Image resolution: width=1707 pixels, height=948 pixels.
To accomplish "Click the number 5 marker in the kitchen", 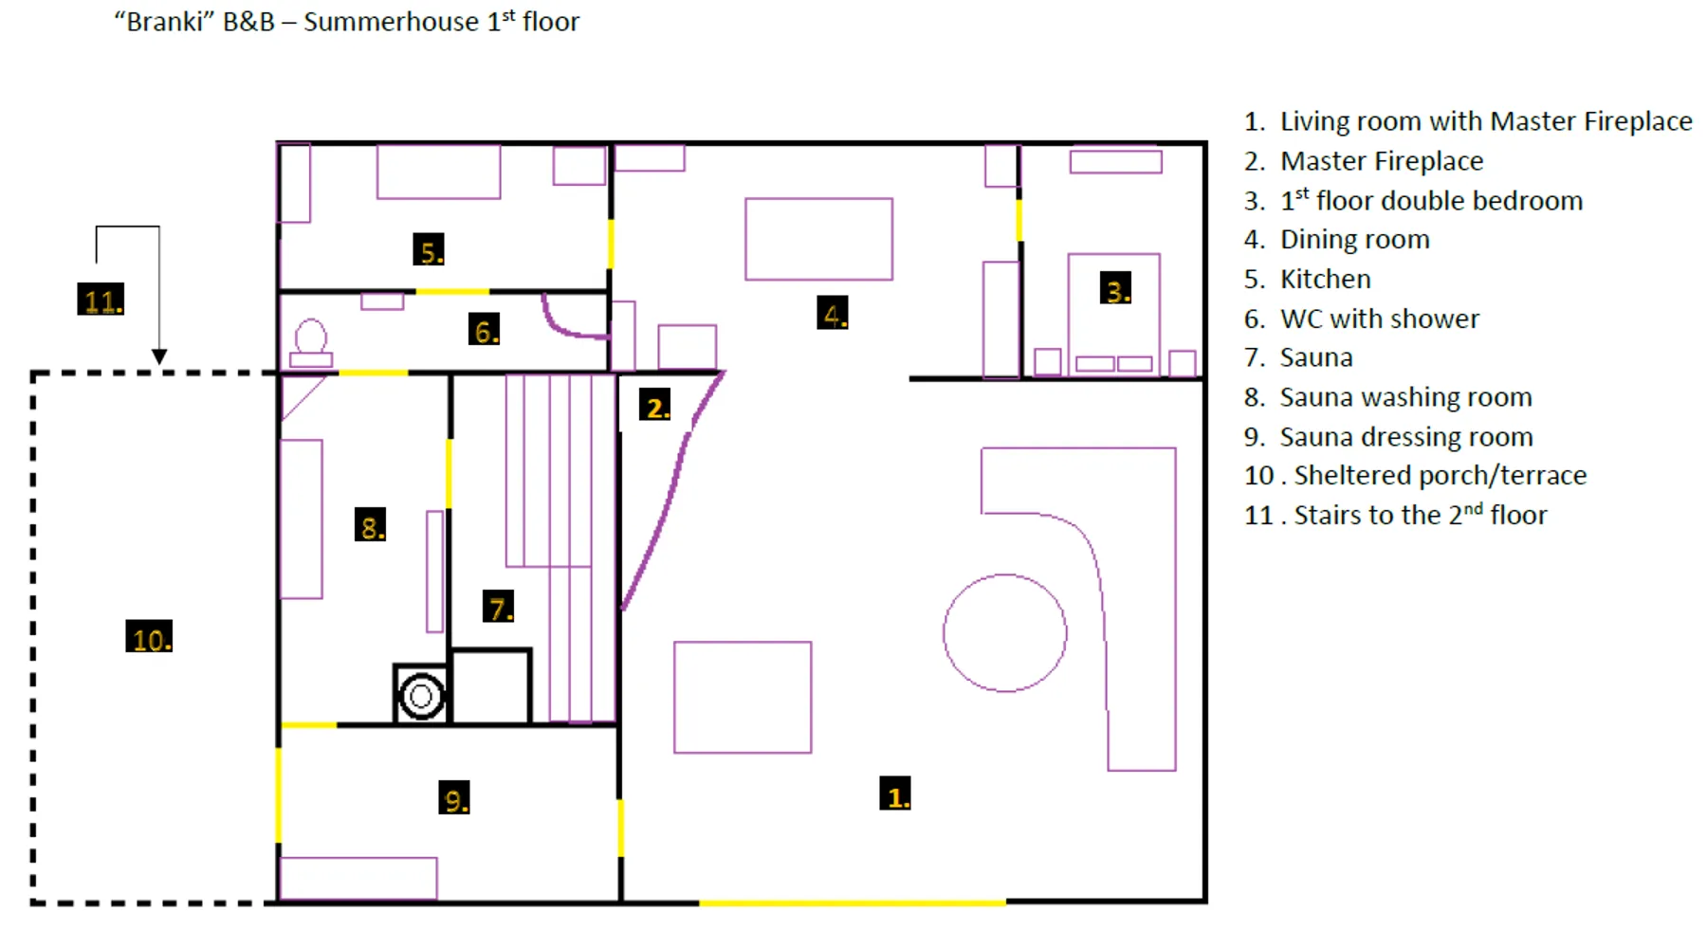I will coord(429,250).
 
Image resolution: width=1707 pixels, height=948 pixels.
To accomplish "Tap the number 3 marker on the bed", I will coord(1115,289).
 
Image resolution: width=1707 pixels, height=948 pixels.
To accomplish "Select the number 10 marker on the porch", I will coord(149,637).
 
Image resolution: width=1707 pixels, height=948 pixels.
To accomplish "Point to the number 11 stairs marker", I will coord(101,300).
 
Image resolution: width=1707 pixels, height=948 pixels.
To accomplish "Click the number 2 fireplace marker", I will coord(654,406).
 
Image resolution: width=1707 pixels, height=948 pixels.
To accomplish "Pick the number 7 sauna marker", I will coord(498,606).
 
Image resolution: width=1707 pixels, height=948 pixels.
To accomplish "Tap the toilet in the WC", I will coord(311,343).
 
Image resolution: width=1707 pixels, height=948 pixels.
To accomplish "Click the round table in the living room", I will coord(1004,632).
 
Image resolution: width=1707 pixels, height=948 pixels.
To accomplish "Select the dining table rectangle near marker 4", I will coord(818,239).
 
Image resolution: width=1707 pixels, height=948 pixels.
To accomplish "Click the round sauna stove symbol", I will coord(421,696).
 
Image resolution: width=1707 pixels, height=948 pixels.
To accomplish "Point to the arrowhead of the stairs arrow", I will coord(159,356).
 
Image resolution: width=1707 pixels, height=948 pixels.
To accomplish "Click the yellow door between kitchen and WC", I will coord(452,291).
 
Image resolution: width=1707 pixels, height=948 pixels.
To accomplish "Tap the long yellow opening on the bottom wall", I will coord(852,902).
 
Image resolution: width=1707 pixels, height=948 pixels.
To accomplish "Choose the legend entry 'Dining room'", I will coord(1354,240).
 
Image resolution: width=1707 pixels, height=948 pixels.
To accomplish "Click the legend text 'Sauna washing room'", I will coord(1405,397).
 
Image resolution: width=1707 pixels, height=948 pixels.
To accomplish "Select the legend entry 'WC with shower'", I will coord(1379,319).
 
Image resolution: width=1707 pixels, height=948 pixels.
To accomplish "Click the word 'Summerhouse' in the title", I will coord(391,22).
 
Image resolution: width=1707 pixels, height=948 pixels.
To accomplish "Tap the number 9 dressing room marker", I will coord(454,798).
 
